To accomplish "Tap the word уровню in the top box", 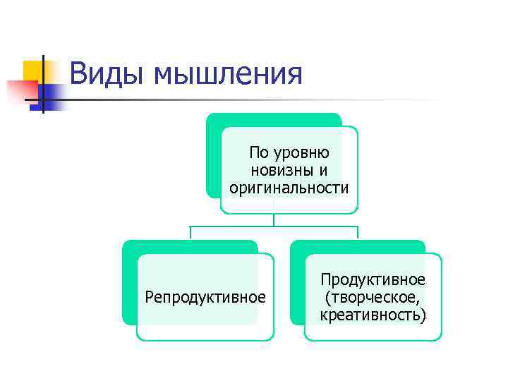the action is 307,153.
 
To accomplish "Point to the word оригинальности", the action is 289,187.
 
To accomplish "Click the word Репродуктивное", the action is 205,296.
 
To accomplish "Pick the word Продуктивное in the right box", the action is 373,281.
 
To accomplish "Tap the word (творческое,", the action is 373,297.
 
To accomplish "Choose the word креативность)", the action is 373,314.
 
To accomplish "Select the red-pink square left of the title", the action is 21,90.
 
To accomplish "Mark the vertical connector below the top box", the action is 274,219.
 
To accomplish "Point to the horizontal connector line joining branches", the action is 274,226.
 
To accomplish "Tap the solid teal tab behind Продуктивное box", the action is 297,282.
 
